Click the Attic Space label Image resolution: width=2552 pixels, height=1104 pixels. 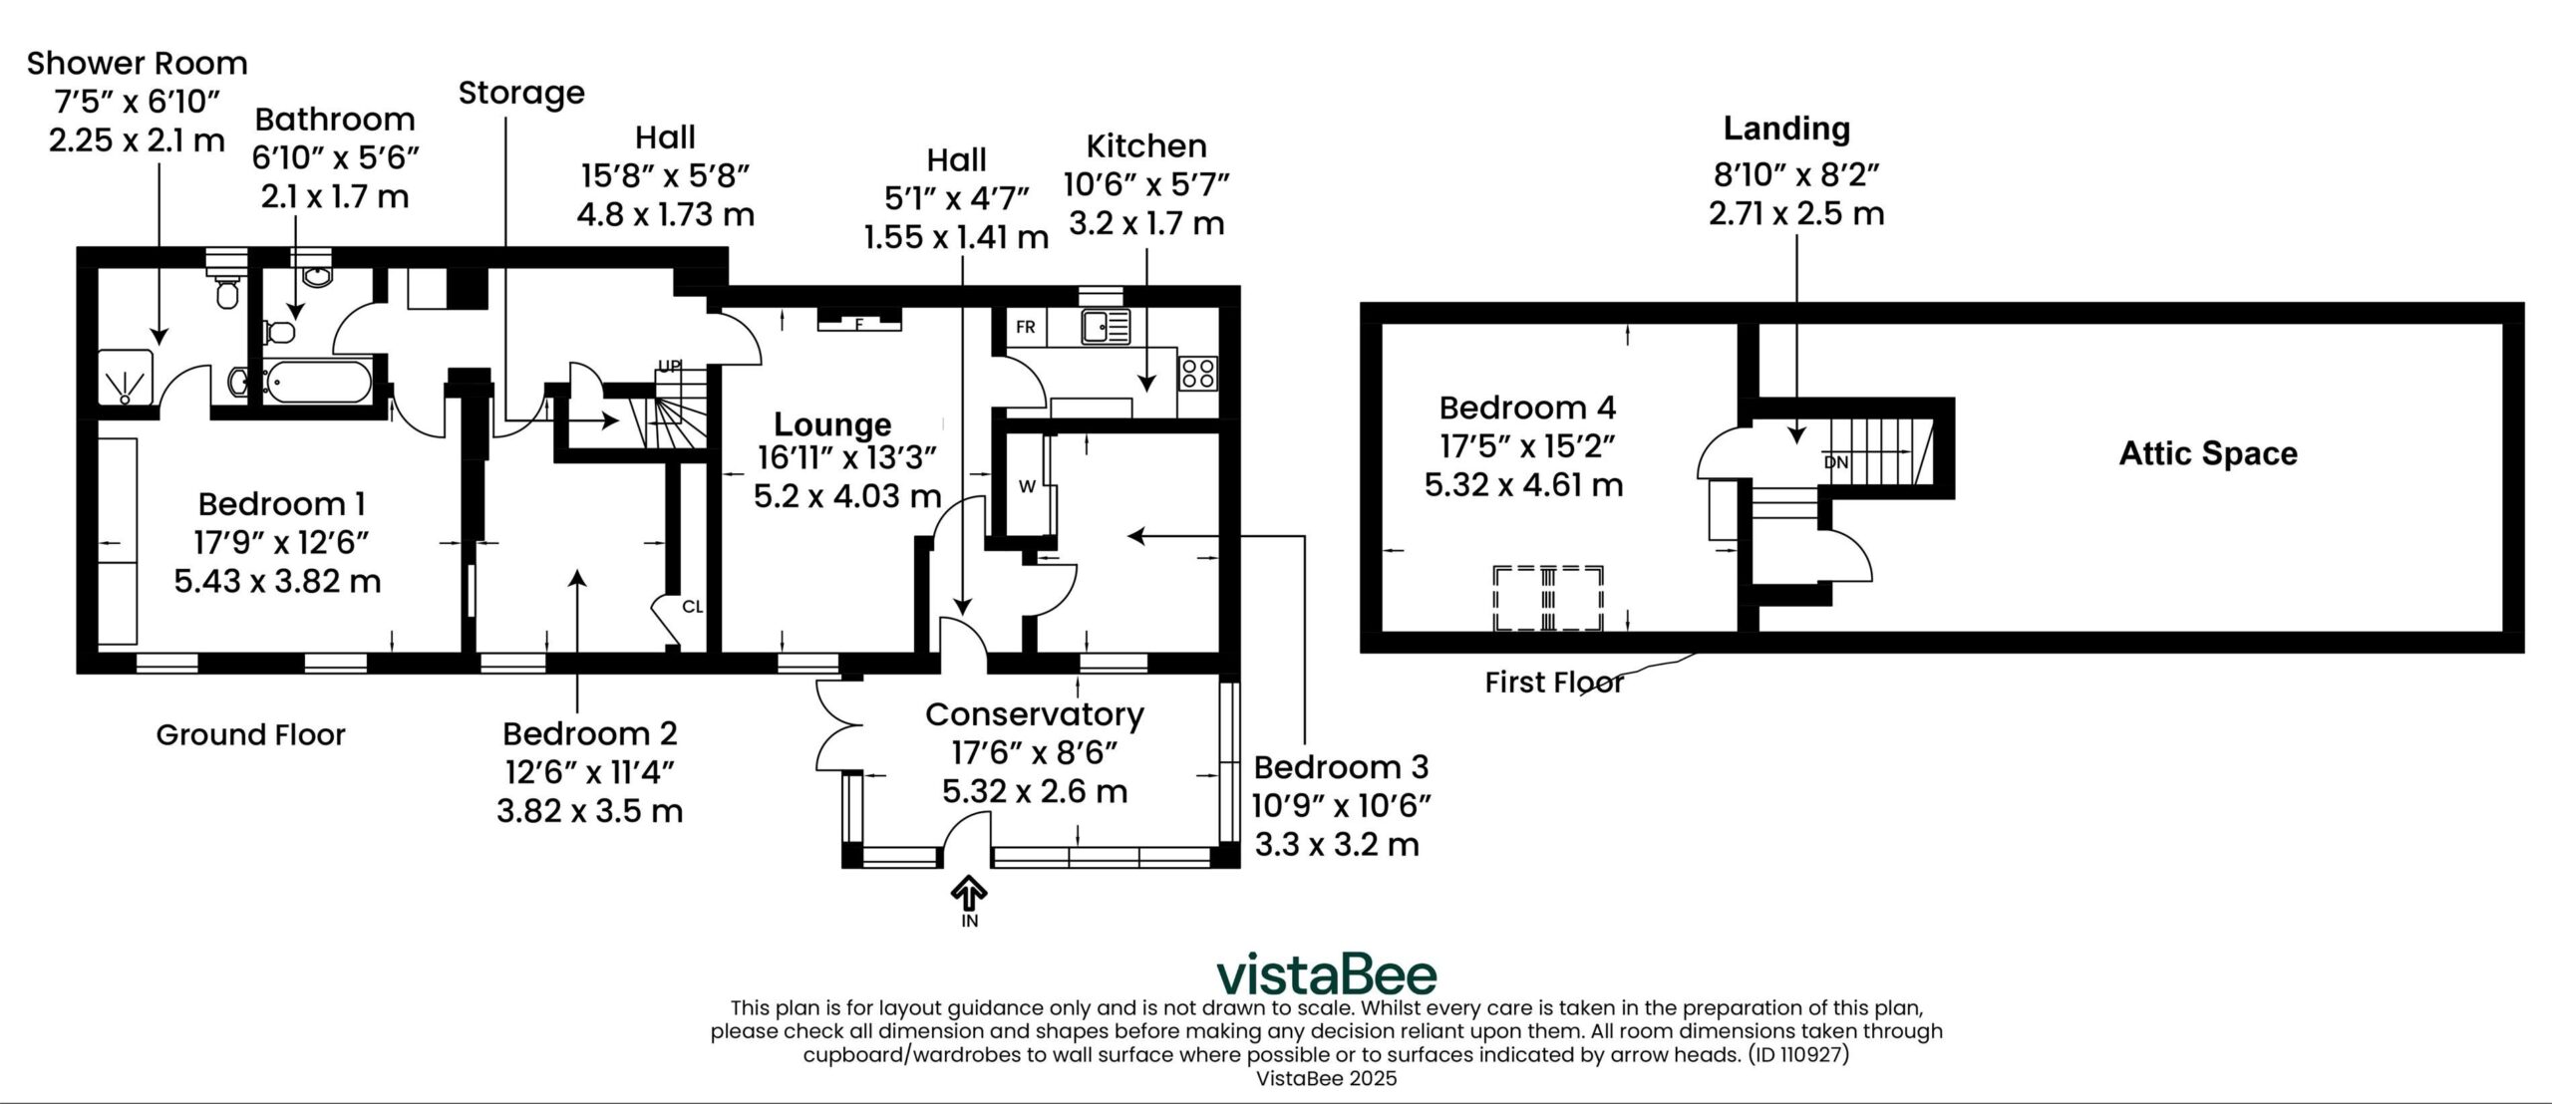coord(2207,454)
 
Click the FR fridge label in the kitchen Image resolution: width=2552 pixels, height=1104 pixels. coord(1025,327)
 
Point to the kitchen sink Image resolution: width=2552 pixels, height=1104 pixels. coord(1104,326)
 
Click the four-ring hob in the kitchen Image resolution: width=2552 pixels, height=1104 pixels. coord(1197,374)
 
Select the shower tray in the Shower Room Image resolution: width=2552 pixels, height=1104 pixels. coord(127,376)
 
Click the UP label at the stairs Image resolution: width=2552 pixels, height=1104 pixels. coord(668,367)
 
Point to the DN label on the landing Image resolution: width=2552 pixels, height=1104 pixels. coord(1835,463)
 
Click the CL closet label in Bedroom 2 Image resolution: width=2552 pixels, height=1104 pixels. coord(693,606)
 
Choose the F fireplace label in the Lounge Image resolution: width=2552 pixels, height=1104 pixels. coord(858,324)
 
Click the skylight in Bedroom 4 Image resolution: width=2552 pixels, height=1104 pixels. coord(1548,598)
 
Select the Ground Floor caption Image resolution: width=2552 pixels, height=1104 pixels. coord(250,735)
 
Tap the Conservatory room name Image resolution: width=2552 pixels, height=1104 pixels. coord(1035,714)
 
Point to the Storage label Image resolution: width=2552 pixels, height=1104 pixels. coord(521,94)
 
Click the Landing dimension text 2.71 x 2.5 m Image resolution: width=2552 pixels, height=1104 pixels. coord(1796,213)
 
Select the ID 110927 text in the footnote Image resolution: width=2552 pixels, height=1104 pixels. coord(1796,1055)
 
